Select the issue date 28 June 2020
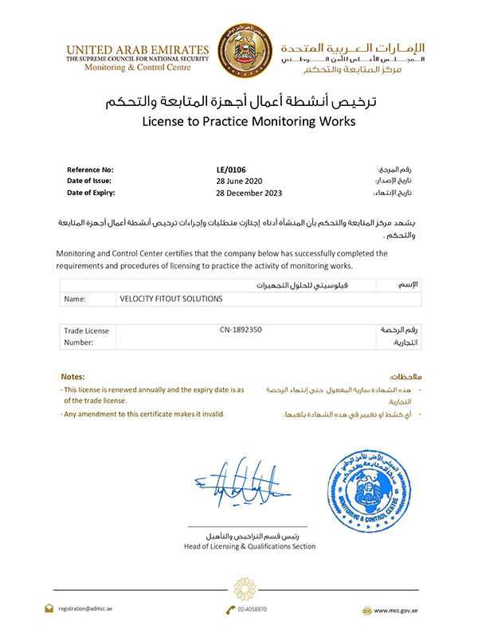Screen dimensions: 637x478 click(x=240, y=181)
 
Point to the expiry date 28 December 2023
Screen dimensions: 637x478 click(x=249, y=193)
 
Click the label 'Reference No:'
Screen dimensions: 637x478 click(x=90, y=170)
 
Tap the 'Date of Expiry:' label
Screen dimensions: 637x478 click(x=92, y=193)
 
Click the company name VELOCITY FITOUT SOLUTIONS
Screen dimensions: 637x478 click(x=171, y=299)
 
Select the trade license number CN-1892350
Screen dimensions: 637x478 click(x=241, y=329)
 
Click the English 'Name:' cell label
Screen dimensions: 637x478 click(x=75, y=299)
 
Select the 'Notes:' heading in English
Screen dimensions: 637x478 click(x=72, y=376)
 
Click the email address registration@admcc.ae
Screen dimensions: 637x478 click(x=89, y=609)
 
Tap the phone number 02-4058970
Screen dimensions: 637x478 click(x=252, y=609)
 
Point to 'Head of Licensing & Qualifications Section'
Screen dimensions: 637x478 click(x=249, y=546)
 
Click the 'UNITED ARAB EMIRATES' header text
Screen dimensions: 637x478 click(x=137, y=49)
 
